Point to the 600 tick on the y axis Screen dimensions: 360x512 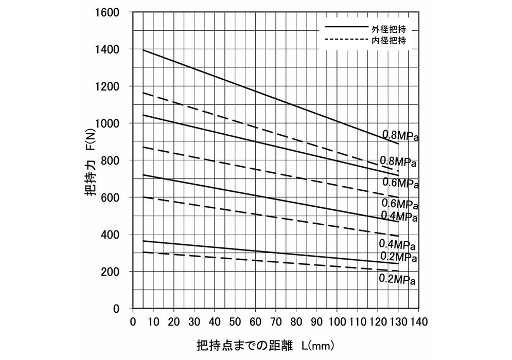(111, 197)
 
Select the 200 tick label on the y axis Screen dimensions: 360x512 (111, 272)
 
